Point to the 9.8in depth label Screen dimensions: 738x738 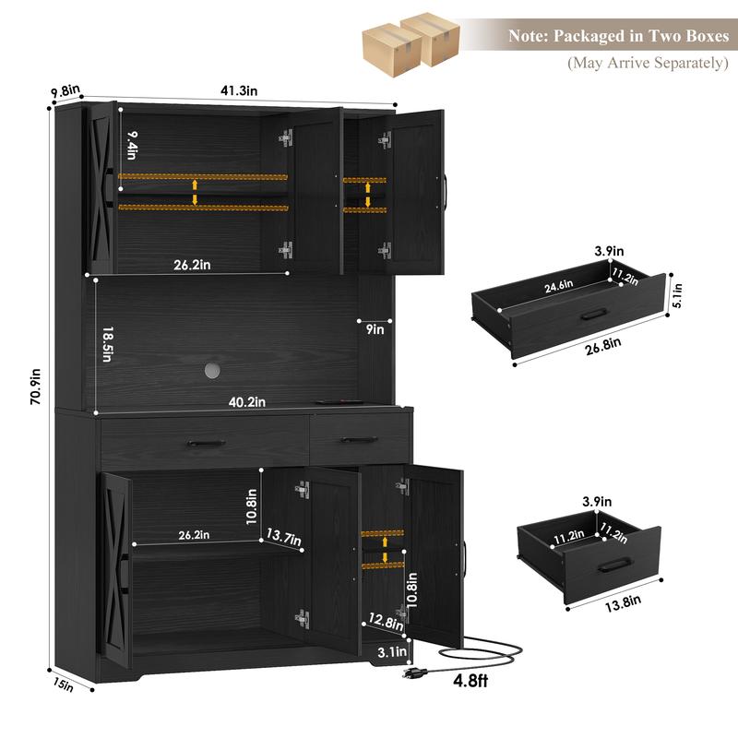click(x=65, y=90)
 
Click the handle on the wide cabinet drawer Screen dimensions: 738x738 click(x=206, y=443)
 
